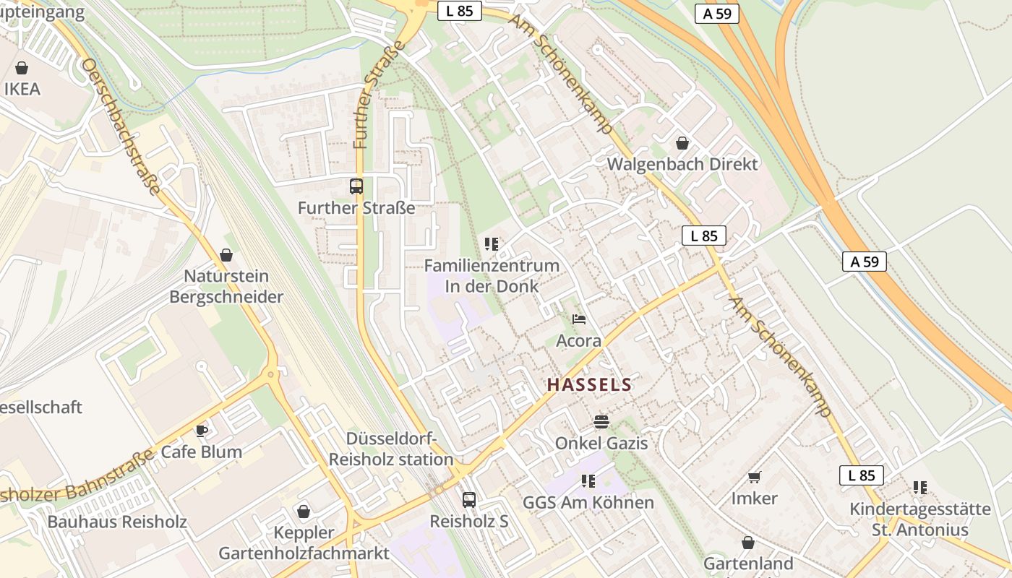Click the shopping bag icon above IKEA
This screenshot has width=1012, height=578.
22,68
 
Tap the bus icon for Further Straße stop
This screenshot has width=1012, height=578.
356,186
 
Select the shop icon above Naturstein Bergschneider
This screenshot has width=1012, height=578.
226,254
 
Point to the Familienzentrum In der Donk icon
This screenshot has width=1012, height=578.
492,243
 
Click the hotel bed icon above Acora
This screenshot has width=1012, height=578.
578,319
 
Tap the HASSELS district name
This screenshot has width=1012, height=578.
589,384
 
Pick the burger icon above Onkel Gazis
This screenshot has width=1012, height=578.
601,420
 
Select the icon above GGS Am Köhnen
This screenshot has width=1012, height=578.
588,480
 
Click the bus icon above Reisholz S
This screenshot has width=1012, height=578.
469,499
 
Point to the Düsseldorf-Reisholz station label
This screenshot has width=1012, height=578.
391,449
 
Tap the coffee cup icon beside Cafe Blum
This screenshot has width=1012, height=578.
202,431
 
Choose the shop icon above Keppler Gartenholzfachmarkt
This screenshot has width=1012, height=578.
304,512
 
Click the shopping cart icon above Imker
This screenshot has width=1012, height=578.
755,477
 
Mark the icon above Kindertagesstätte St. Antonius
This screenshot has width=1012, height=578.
919,488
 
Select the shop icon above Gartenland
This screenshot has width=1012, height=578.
748,542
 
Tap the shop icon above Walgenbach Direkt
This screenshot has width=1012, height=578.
682,142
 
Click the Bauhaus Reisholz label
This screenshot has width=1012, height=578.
117,522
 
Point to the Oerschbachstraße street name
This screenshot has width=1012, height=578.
121,127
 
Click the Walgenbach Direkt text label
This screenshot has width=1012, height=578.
682,164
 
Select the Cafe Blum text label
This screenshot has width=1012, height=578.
202,452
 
